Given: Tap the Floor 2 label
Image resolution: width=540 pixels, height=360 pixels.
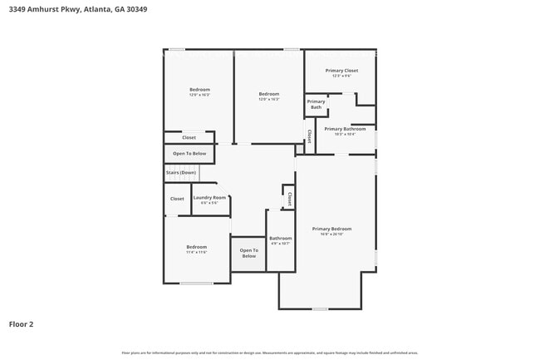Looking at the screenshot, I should pyautogui.click(x=22, y=324).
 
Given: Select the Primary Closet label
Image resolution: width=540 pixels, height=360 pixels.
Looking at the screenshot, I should pyautogui.click(x=341, y=71).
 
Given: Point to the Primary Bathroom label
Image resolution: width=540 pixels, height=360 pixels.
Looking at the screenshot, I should pyautogui.click(x=345, y=129).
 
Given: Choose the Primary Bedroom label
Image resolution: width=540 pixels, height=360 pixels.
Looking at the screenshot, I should pyautogui.click(x=331, y=229).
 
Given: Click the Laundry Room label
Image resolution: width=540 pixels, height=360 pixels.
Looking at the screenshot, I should pyautogui.click(x=209, y=198).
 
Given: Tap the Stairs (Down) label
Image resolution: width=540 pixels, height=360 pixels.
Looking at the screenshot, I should pyautogui.click(x=180, y=172).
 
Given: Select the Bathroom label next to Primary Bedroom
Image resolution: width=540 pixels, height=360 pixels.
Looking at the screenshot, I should pyautogui.click(x=280, y=239).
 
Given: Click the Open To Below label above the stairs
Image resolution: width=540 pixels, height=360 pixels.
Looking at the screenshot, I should pyautogui.click(x=189, y=154).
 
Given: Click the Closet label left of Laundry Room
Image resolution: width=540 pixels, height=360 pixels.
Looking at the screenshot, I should pyautogui.click(x=177, y=199).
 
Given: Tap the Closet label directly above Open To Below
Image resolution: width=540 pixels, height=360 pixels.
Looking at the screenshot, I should pyautogui.click(x=189, y=137).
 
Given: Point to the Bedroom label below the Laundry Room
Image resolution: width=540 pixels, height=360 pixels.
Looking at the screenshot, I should pyautogui.click(x=197, y=247).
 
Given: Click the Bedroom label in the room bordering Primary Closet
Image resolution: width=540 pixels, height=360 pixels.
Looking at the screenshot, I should pyautogui.click(x=268, y=94).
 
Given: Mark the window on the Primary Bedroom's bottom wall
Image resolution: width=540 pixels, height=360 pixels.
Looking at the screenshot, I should pyautogui.click(x=320, y=309).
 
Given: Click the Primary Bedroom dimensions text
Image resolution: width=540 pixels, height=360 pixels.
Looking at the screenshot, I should pyautogui.click(x=331, y=234).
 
